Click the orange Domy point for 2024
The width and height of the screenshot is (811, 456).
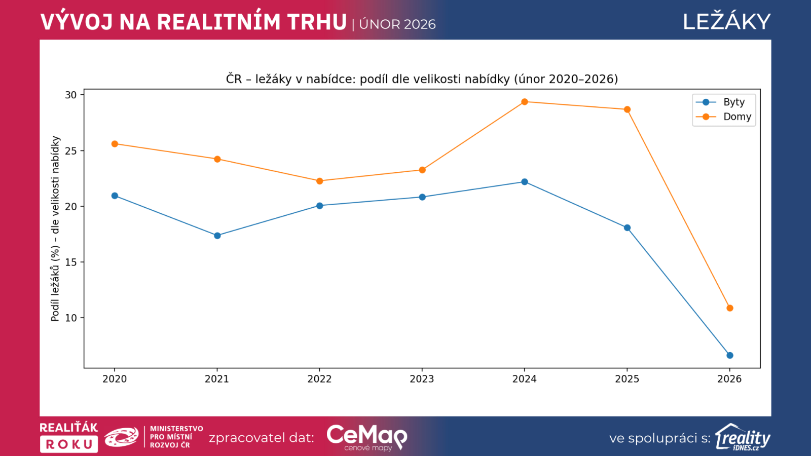[x=525, y=102]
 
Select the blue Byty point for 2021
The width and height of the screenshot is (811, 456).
[x=217, y=236]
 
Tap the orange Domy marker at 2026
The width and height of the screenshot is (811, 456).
[x=730, y=308]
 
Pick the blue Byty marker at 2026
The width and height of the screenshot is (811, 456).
[x=730, y=356]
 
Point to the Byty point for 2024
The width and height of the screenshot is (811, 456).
[x=525, y=182]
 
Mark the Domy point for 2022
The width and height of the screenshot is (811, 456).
[x=320, y=181]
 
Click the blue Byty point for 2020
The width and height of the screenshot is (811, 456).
[x=115, y=196]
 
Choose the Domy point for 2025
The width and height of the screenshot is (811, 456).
[x=627, y=109]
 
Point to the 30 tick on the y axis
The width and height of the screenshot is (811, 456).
[x=71, y=95]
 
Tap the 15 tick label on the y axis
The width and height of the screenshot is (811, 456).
[x=71, y=262]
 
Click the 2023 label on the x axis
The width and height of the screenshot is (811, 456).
[x=422, y=379]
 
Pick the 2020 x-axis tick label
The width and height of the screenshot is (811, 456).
[x=115, y=379]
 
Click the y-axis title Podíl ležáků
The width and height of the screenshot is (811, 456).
[x=55, y=229]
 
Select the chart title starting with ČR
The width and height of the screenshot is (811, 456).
[x=422, y=79]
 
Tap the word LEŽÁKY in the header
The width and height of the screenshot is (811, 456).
[x=726, y=22]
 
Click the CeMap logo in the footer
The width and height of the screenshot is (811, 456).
[x=366, y=437]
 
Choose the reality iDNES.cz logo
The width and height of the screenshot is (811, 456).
[x=743, y=437]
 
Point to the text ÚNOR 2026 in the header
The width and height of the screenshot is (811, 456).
[x=397, y=24]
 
